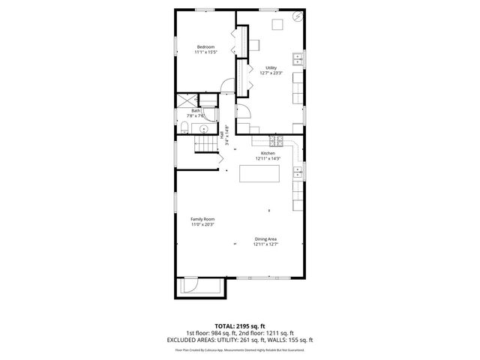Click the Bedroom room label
(x=205, y=47)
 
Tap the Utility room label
(x=271, y=67)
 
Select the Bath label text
(x=196, y=111)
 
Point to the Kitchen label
(x=268, y=153)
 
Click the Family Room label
(x=202, y=219)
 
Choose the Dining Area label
(x=265, y=239)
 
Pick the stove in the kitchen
(x=279, y=142)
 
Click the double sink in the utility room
(x=298, y=58)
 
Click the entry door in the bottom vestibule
(x=190, y=285)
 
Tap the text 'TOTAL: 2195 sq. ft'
(x=240, y=326)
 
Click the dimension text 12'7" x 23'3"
(x=271, y=73)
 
